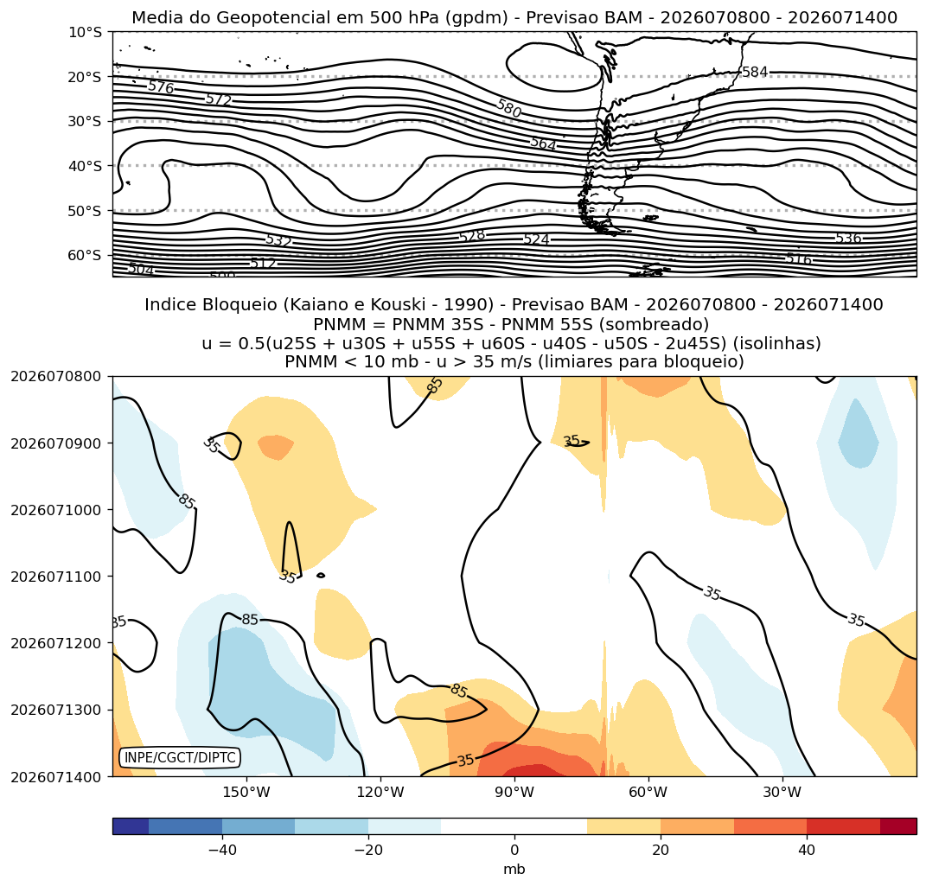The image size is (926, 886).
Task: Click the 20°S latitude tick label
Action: tap(86, 77)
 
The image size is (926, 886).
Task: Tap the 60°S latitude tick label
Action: tap(86, 255)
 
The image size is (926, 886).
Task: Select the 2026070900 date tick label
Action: tap(56, 443)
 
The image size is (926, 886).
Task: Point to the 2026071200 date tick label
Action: tap(56, 643)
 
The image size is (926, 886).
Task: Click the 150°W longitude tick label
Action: tap(246, 792)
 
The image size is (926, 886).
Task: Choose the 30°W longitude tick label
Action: tap(782, 792)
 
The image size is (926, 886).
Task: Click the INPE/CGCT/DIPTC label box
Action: tap(180, 757)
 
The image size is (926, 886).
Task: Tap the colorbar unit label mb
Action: tap(514, 869)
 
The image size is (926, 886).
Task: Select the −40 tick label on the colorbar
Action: tap(223, 850)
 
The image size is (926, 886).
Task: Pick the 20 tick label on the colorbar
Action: tap(661, 850)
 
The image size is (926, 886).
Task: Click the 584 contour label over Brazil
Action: tap(755, 72)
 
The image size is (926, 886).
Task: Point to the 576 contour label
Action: tap(161, 87)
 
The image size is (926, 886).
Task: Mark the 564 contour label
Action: tap(543, 143)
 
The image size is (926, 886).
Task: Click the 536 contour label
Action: tap(848, 239)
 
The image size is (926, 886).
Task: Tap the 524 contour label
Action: tap(536, 239)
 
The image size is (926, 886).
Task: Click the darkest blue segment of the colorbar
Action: tap(131, 826)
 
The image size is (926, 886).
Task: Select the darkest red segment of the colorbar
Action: tap(898, 826)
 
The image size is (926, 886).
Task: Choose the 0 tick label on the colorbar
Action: tap(514, 850)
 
